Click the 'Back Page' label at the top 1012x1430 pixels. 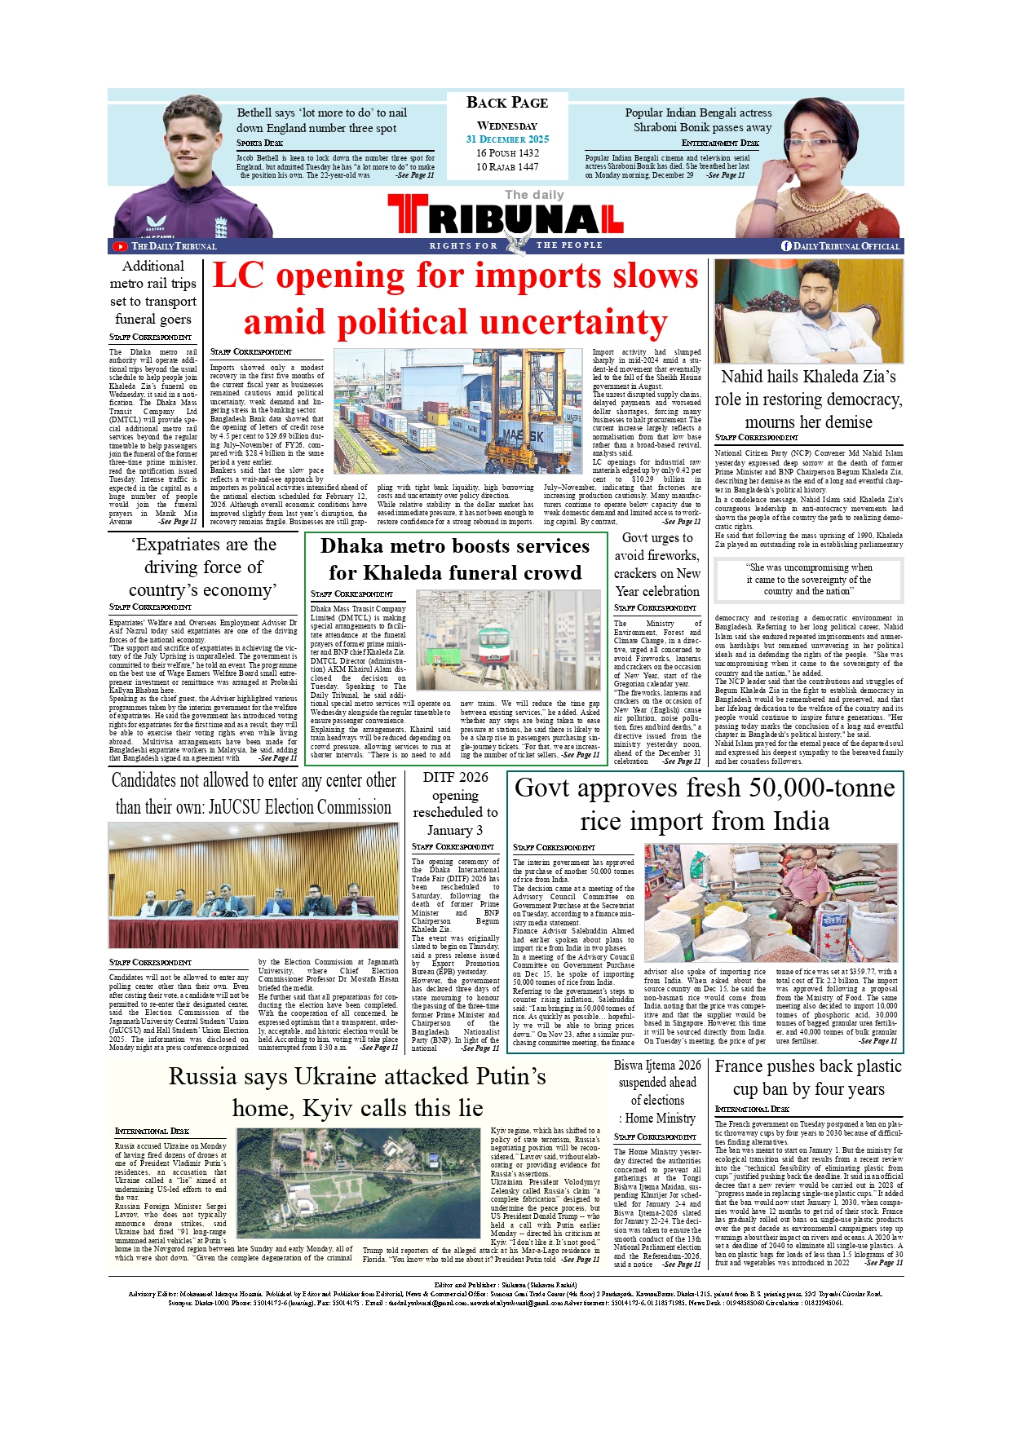point(506,103)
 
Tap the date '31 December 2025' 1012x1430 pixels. point(507,139)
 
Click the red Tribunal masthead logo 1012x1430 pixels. point(506,217)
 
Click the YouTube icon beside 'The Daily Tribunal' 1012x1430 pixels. point(121,246)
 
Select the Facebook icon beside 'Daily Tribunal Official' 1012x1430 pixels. point(786,246)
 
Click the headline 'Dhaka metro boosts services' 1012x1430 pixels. point(455,546)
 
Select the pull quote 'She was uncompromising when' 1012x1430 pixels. point(808,567)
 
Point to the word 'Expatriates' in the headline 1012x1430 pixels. point(178,545)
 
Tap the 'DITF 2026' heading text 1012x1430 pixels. point(455,777)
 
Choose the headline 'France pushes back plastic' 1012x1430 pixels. point(808,1066)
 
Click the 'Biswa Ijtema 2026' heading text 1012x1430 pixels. point(657,1065)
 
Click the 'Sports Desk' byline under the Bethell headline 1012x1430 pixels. point(259,143)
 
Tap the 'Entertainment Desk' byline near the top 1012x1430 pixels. point(719,143)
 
